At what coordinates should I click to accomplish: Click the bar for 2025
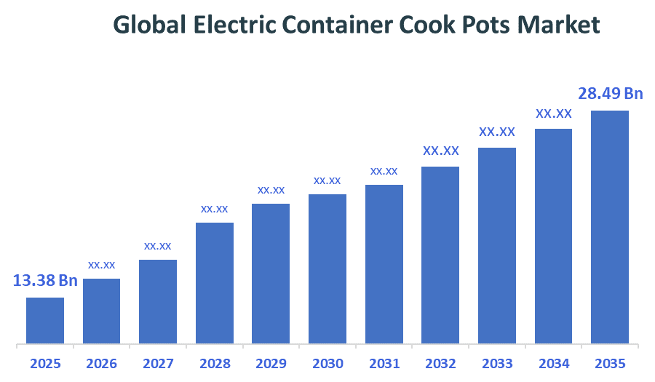click(x=45, y=320)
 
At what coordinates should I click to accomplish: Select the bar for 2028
click(x=215, y=283)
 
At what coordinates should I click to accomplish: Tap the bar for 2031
click(x=384, y=264)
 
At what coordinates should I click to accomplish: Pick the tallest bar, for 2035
click(x=609, y=227)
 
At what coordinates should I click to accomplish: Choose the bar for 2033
click(x=496, y=245)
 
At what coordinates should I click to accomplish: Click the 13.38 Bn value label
click(x=45, y=281)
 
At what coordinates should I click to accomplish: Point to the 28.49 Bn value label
click(x=611, y=94)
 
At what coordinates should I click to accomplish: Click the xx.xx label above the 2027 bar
click(x=158, y=246)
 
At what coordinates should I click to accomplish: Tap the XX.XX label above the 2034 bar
click(x=554, y=114)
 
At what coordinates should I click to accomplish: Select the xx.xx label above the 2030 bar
click(x=327, y=180)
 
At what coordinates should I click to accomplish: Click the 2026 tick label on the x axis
click(x=101, y=364)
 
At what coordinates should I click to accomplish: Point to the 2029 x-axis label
click(x=271, y=364)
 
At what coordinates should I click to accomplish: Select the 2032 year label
click(x=440, y=364)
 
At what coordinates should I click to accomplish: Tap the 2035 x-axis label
click(x=609, y=364)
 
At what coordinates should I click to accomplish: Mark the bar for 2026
click(x=101, y=311)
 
